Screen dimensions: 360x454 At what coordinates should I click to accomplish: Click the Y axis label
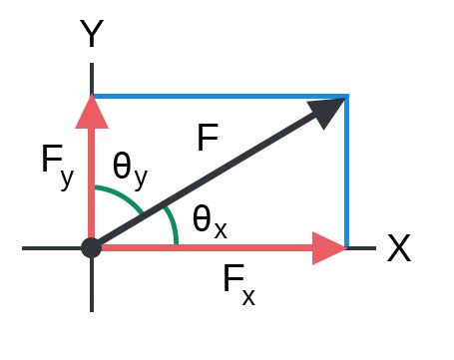coord(92,36)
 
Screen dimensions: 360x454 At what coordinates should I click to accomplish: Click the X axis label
coord(399,248)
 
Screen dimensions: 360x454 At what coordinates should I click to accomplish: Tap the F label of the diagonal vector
coord(207,139)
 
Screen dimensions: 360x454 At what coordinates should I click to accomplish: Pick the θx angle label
coord(210,221)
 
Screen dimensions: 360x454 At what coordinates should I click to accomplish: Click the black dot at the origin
coord(92,247)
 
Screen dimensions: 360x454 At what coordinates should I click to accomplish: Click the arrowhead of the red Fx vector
coord(327,247)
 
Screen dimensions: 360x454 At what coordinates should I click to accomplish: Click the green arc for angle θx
coord(174,225)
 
